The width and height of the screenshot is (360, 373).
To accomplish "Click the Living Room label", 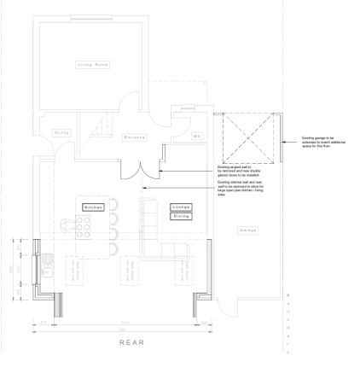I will click(93, 65).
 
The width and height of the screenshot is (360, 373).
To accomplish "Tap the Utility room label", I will click(61, 132).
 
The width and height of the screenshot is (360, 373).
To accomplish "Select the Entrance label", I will click(135, 137).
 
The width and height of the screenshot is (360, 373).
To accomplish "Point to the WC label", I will click(196, 136).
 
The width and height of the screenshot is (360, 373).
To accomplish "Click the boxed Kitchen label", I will click(93, 207).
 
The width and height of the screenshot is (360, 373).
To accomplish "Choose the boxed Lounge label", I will click(182, 207).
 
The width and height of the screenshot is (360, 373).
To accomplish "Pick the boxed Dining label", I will click(182, 216).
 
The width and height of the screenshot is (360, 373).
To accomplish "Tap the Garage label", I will click(247, 230).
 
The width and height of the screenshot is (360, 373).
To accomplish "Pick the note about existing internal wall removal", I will click(241, 188).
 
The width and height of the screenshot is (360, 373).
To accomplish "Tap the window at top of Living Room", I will click(91, 20).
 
